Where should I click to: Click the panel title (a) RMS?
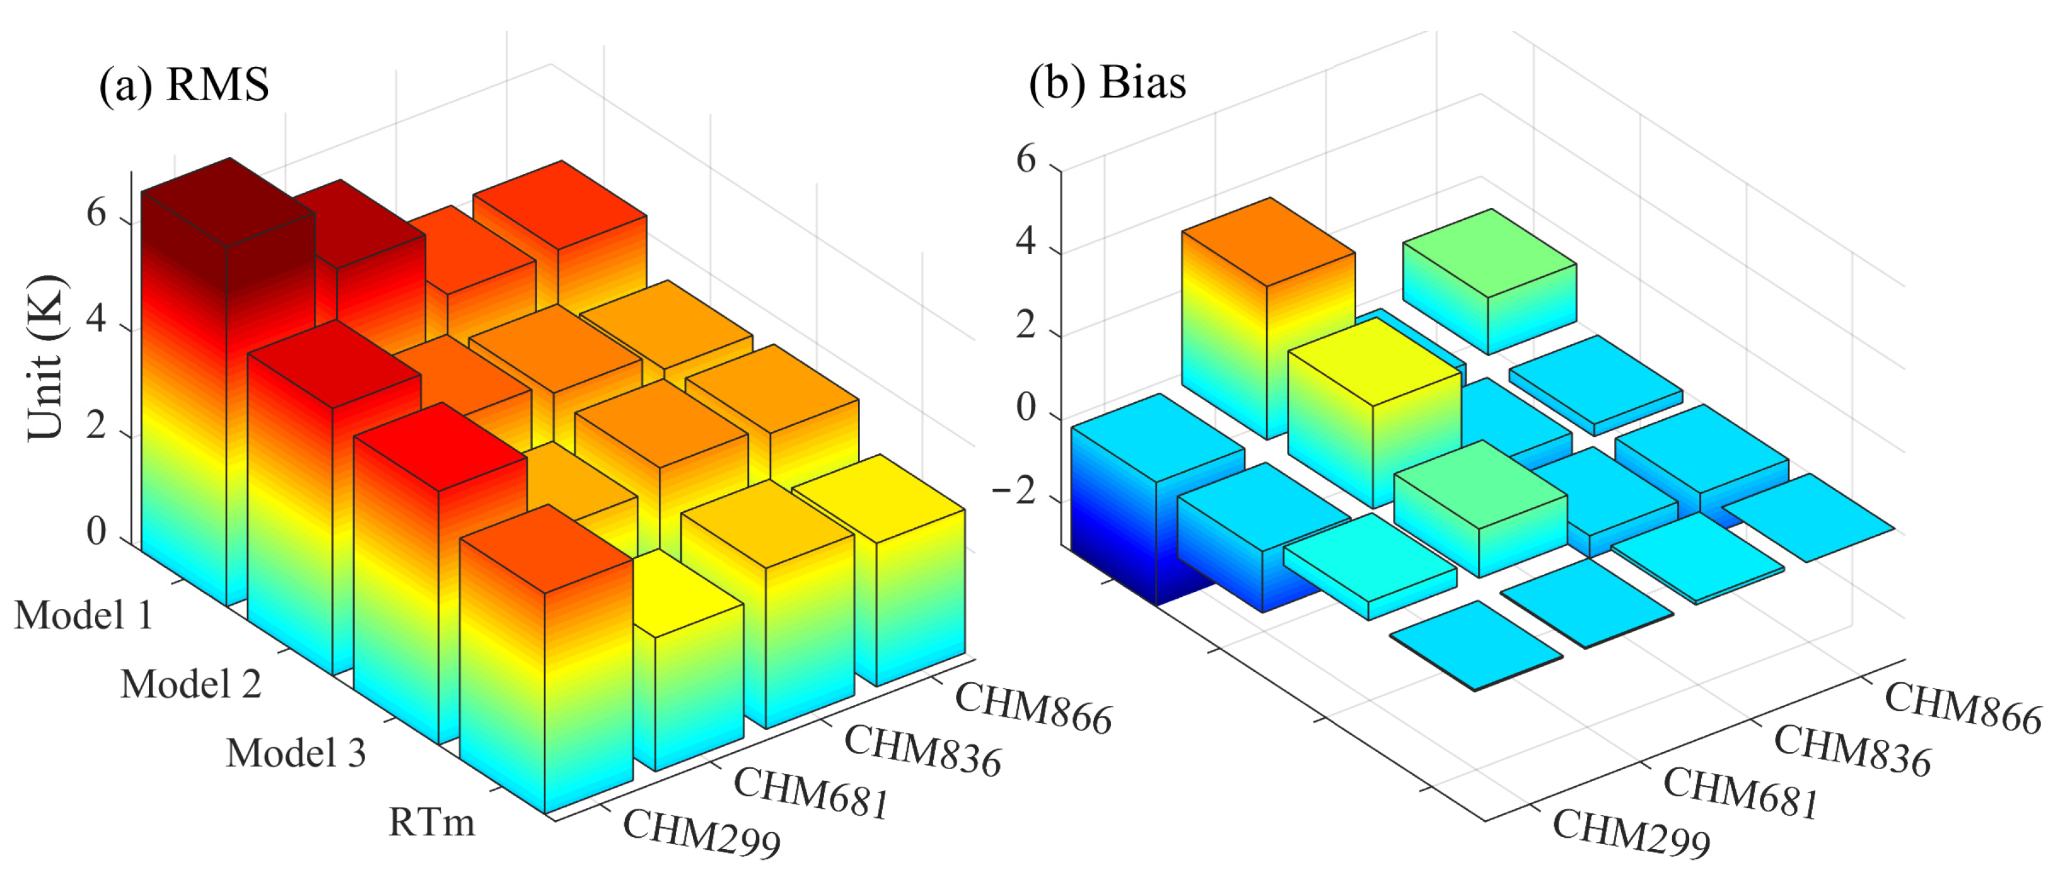(184, 84)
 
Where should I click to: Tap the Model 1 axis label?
(84, 615)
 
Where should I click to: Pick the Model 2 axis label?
(191, 684)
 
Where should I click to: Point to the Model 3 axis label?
(296, 753)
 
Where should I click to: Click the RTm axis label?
(431, 822)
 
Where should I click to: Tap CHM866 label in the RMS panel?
(1033, 708)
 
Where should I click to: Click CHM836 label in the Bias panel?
(1852, 750)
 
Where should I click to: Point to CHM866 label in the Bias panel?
(1962, 708)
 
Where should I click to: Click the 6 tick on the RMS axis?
(96, 214)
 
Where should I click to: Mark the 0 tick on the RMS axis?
(96, 531)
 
